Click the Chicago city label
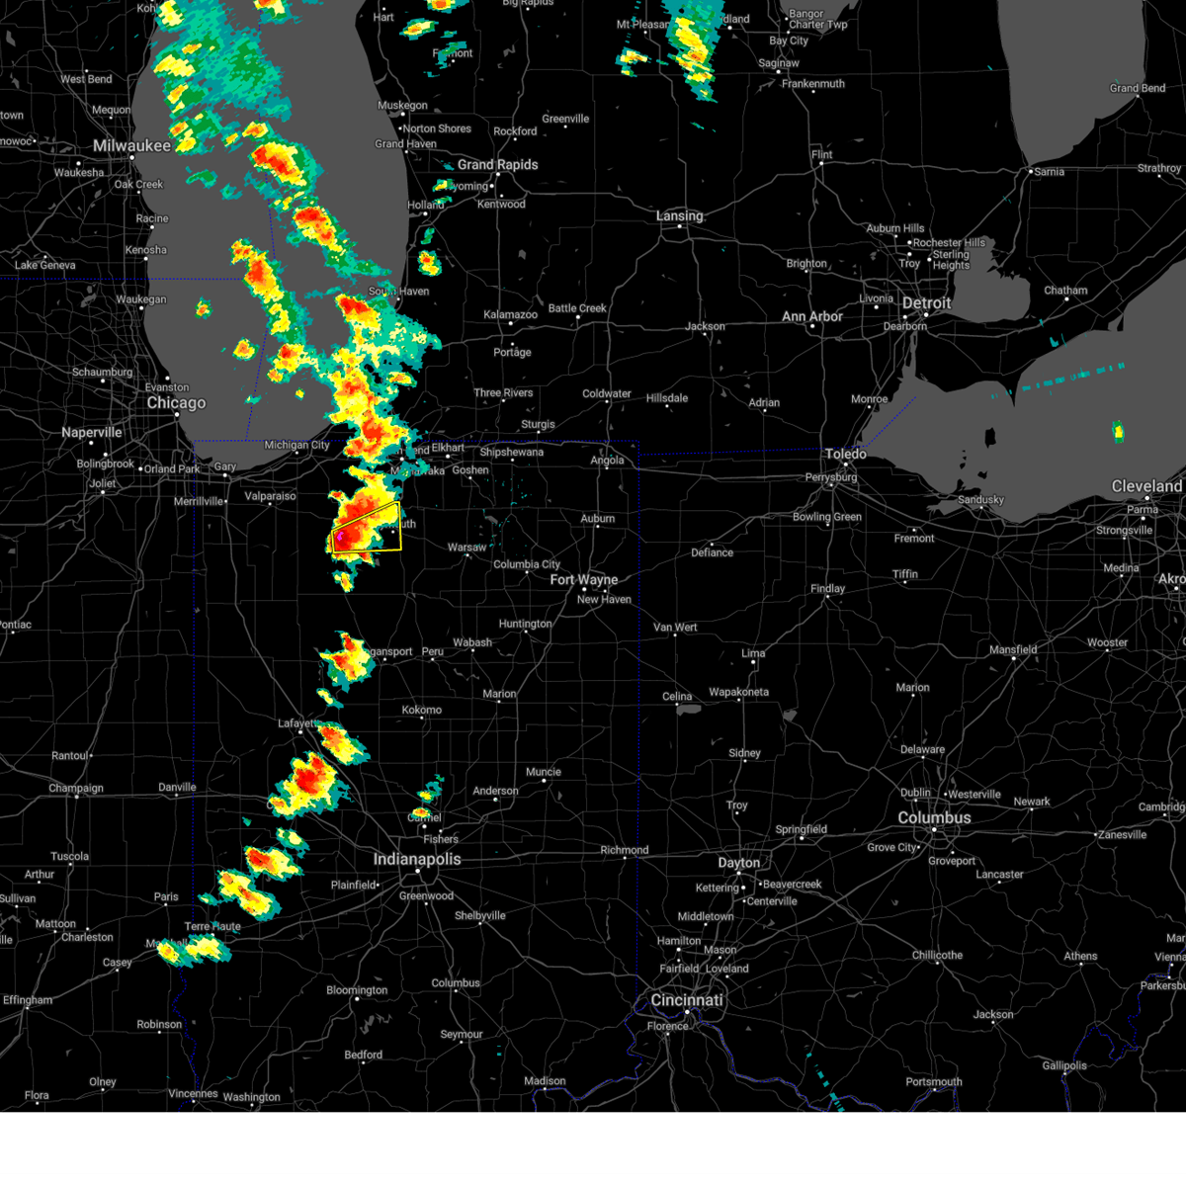(x=176, y=403)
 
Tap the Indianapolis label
(x=417, y=859)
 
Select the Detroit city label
(x=926, y=303)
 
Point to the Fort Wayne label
(x=583, y=580)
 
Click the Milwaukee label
(x=131, y=146)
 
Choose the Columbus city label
(x=934, y=818)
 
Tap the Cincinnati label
(x=686, y=1000)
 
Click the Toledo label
(x=845, y=454)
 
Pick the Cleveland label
(x=1146, y=486)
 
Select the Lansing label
(x=679, y=215)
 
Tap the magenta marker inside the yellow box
(x=339, y=535)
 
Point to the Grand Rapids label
(x=497, y=165)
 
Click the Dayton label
(x=738, y=863)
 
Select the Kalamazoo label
(x=510, y=315)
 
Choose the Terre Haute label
(x=212, y=926)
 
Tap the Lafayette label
(x=296, y=723)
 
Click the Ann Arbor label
(x=812, y=317)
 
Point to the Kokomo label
(x=422, y=710)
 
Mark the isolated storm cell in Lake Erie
(x=1118, y=431)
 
